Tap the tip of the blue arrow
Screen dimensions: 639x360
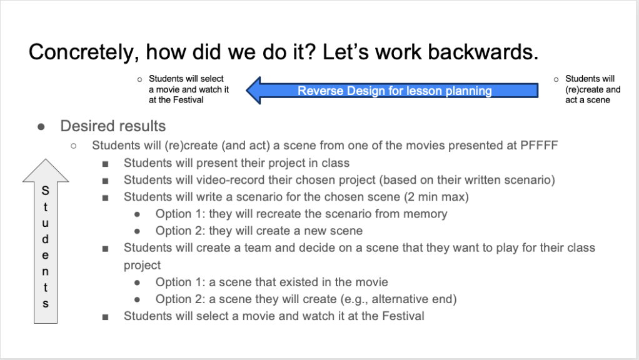pos(247,91)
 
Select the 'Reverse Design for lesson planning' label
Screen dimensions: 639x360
pos(395,91)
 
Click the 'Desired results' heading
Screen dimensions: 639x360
pos(113,126)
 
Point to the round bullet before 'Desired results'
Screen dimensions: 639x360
pos(41,127)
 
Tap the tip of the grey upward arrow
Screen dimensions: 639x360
pos(46,159)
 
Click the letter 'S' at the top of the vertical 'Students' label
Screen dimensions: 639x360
pos(45,191)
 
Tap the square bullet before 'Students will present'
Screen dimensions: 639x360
pos(106,164)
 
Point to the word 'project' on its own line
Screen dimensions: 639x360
pos(142,266)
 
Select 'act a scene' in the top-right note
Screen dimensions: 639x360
pos(588,100)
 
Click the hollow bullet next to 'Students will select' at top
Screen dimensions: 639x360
pos(140,79)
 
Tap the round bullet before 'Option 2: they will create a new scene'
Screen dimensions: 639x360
pos(137,231)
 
